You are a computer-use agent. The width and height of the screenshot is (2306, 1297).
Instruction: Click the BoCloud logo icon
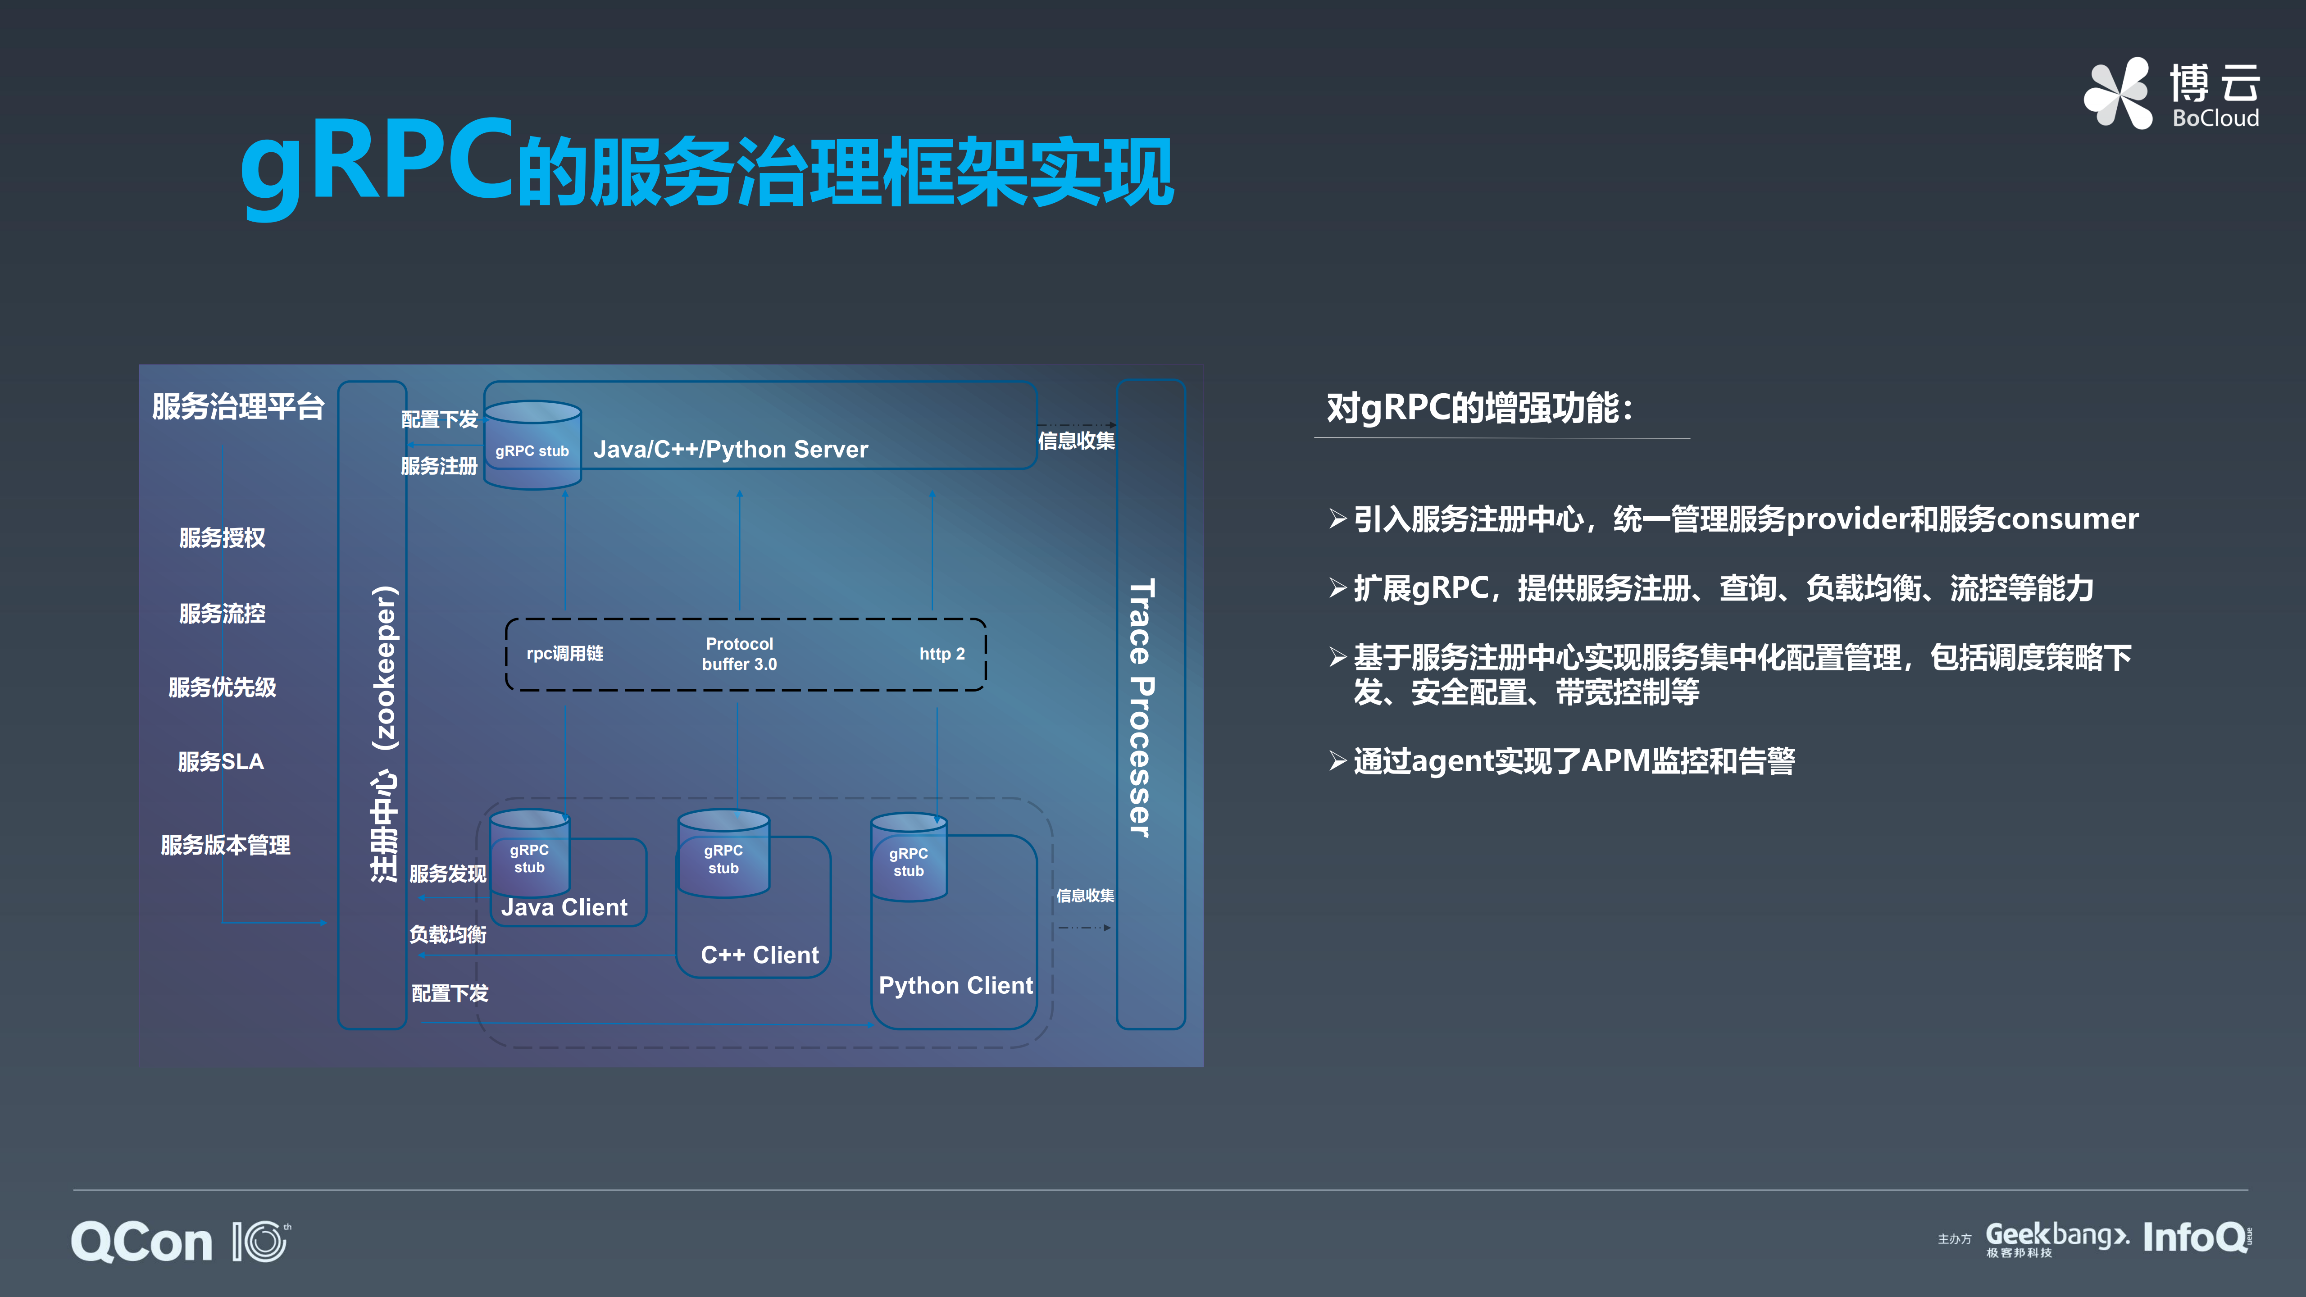click(2118, 93)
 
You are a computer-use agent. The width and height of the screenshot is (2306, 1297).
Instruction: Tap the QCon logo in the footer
click(141, 1242)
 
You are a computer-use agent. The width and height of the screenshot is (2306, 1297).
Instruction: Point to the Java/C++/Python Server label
click(731, 449)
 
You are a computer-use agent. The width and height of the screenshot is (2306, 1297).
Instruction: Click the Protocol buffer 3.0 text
click(739, 653)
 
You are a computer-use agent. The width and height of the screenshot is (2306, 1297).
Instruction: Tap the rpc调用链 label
click(565, 653)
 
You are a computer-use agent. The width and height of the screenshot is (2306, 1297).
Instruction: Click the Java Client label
click(565, 908)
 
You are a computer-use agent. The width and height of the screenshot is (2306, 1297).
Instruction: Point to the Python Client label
click(955, 986)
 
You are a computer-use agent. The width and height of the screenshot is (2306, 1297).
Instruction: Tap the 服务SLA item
click(221, 762)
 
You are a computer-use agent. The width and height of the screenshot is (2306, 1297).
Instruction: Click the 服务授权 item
click(222, 538)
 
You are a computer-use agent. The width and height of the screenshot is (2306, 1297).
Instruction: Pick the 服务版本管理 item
click(226, 845)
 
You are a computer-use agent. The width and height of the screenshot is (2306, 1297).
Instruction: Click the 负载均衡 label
click(448, 934)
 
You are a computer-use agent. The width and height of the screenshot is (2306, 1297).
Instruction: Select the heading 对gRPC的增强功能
click(1479, 408)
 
